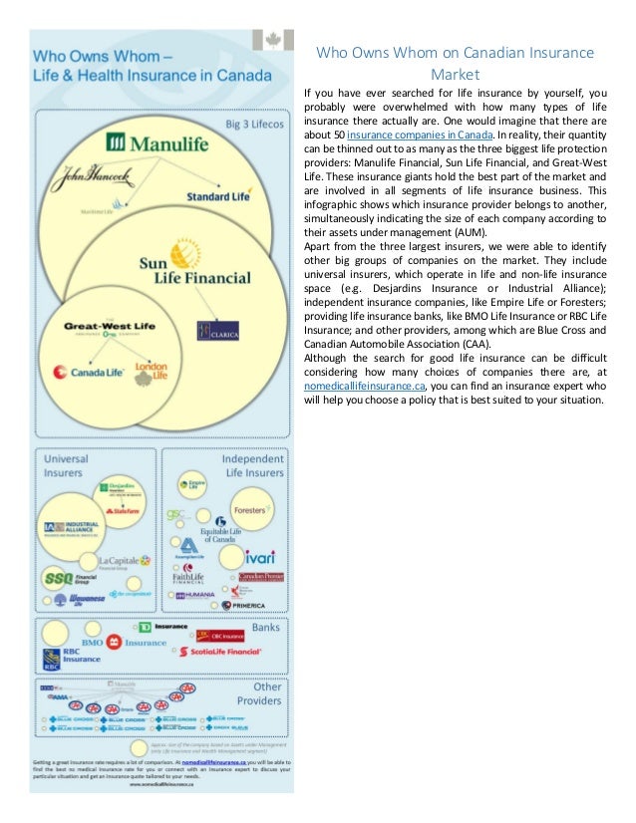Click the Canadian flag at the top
point(274,39)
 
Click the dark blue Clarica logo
point(217,329)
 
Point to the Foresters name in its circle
point(249,511)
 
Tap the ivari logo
point(258,554)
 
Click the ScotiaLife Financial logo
point(219,651)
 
